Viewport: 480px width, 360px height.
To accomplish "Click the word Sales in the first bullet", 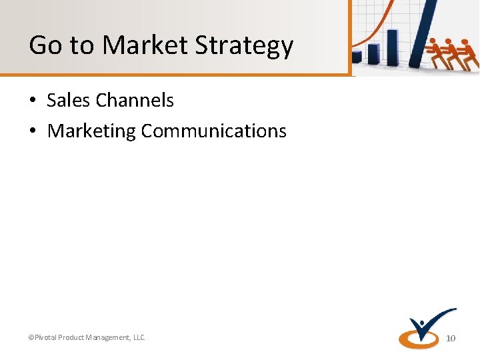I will pyautogui.click(x=69, y=100).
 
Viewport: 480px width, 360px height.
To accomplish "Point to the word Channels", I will pyautogui.click(x=134, y=100).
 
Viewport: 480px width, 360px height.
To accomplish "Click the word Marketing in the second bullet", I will pyautogui.click(x=91, y=131).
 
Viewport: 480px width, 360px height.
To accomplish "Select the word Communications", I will pyautogui.click(x=213, y=131).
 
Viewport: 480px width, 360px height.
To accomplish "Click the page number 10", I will pyautogui.click(x=451, y=339).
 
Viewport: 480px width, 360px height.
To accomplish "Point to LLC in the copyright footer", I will pyautogui.click(x=139, y=338).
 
